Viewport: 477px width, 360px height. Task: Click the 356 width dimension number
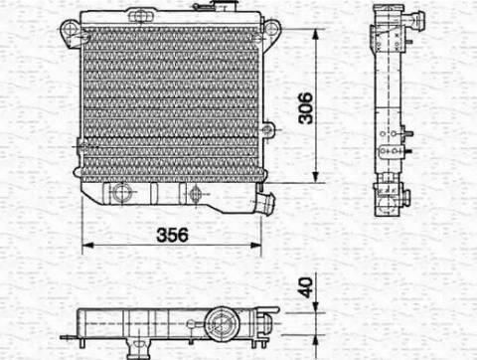172,235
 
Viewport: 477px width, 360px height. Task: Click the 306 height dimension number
305,108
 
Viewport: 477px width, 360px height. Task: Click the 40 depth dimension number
305,287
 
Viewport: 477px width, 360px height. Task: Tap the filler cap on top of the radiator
224,6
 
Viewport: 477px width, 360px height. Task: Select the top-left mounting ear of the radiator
71,33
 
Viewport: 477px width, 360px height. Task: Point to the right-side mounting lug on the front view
267,129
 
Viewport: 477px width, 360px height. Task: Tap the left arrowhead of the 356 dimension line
87,246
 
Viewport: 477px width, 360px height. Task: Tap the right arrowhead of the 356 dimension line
256,246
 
